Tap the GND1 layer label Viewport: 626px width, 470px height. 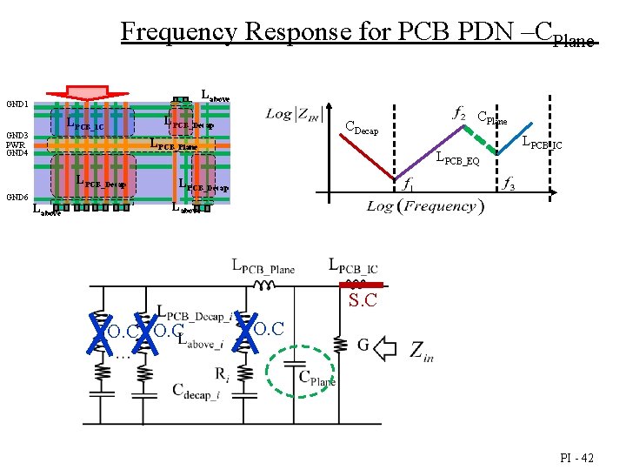tap(17, 104)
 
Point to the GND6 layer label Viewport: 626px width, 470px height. tap(17, 198)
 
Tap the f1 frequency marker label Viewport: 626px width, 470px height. tap(407, 184)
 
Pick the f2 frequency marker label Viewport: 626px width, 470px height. tap(459, 113)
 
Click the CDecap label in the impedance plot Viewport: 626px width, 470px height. tap(363, 128)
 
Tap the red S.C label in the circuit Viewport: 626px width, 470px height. tap(363, 301)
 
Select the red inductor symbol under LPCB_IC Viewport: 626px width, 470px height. tap(354, 284)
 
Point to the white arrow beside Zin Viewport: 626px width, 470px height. tap(384, 349)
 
